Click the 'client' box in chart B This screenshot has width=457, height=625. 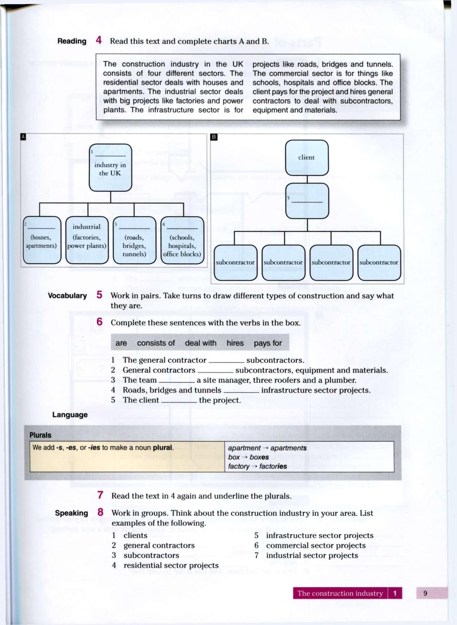click(307, 157)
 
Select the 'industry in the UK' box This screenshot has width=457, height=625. click(110, 168)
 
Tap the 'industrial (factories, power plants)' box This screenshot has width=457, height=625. click(87, 240)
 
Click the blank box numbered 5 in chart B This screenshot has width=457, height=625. click(307, 201)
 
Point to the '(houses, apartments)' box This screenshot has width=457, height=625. click(42, 240)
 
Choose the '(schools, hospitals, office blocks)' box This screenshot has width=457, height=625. click(182, 240)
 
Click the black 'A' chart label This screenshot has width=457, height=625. click(23, 137)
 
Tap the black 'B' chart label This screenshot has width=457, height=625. click(214, 137)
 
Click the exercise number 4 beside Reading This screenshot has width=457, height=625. click(99, 40)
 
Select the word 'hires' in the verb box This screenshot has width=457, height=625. click(235, 343)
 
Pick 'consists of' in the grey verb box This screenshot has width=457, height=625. click(156, 343)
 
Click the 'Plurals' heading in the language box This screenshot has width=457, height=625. click(40, 435)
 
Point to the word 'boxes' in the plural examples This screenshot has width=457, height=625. click(259, 457)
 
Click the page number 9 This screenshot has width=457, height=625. click(425, 593)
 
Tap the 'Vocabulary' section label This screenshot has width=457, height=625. click(67, 296)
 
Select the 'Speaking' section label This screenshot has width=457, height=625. click(71, 513)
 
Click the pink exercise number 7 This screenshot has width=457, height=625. click(100, 495)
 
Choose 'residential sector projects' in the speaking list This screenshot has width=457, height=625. click(171, 565)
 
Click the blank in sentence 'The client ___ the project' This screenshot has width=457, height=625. click(179, 401)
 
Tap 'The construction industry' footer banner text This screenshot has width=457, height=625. click(340, 593)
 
